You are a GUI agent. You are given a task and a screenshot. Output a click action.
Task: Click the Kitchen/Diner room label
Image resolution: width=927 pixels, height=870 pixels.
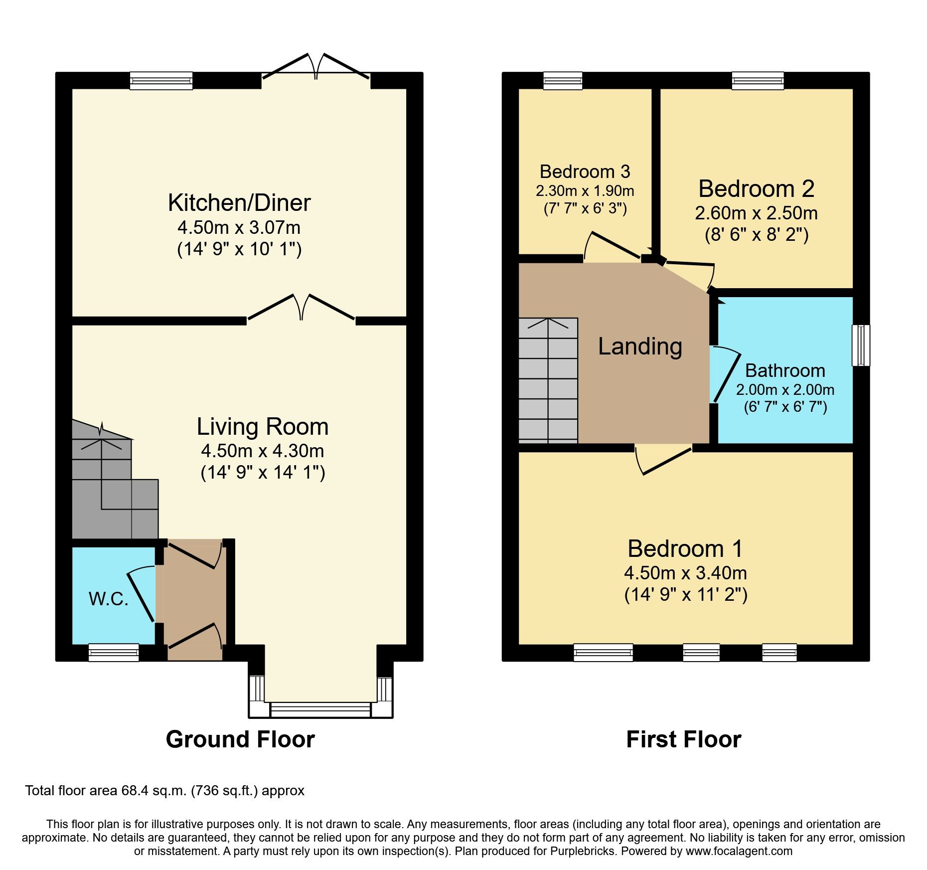coord(239,203)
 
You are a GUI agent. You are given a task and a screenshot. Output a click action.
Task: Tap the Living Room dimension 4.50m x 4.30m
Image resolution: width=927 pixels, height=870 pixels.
coord(263,451)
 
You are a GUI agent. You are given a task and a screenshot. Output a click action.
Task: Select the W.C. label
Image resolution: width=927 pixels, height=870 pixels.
coord(109,598)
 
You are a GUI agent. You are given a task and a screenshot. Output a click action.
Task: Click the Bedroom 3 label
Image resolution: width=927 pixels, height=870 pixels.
coord(585,172)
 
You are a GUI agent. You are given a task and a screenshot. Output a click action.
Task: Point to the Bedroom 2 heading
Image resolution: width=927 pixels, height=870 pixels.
coord(756,189)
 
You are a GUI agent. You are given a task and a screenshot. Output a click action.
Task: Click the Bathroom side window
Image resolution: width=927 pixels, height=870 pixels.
coord(861,345)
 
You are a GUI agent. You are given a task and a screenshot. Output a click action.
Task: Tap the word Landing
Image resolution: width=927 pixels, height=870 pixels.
coord(640,346)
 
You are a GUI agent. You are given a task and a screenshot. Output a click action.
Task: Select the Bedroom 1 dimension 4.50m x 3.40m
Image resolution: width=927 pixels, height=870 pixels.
coord(685,573)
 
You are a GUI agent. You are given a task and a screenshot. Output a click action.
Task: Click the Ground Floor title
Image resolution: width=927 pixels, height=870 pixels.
coord(240,739)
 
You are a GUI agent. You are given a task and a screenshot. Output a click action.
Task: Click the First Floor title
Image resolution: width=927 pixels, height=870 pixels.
coord(683,739)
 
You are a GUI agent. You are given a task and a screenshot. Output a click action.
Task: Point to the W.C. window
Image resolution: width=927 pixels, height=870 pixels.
coord(114,652)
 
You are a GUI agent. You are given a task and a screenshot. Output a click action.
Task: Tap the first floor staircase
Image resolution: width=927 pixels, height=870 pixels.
coord(548,380)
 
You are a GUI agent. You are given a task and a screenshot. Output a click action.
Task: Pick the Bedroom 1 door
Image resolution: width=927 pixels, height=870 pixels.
coord(663,459)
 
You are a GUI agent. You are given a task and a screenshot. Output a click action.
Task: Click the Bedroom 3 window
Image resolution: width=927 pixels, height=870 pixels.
coord(563,80)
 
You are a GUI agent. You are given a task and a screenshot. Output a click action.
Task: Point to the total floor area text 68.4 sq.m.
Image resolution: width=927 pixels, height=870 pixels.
coord(164,791)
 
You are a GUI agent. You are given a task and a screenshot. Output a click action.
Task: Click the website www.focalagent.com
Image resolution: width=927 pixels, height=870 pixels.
coord(739,851)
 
